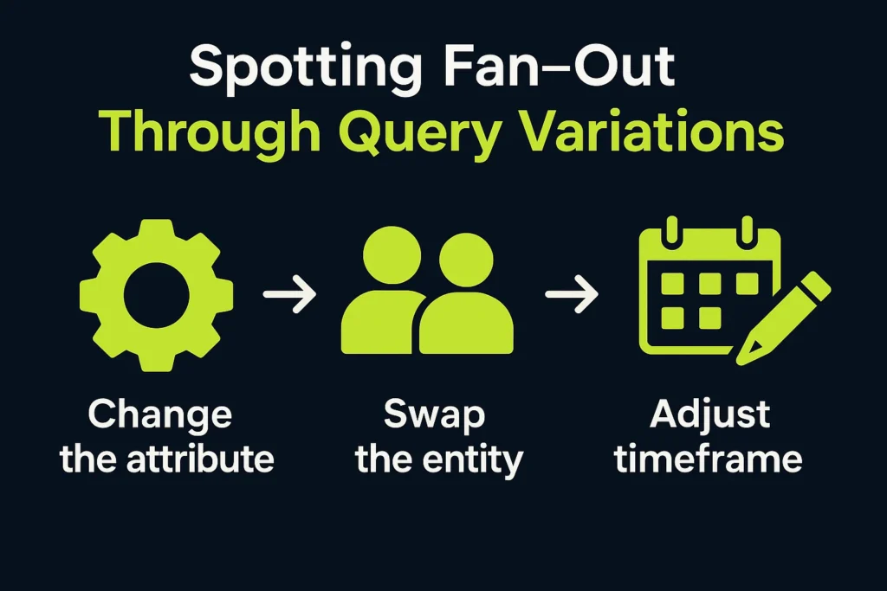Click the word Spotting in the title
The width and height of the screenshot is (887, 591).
pos(306,67)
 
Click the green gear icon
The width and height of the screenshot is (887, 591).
pos(156,296)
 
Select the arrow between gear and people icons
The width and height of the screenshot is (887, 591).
pos(289,294)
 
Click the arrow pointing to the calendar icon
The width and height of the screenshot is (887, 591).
pos(572,294)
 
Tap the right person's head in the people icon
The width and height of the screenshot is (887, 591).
pos(466,260)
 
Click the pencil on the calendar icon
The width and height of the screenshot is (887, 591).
pos(783,318)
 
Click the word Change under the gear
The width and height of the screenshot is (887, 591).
pos(160,415)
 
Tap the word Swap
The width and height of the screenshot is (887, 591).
pos(435,415)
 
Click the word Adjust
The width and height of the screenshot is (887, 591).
pos(709,416)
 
